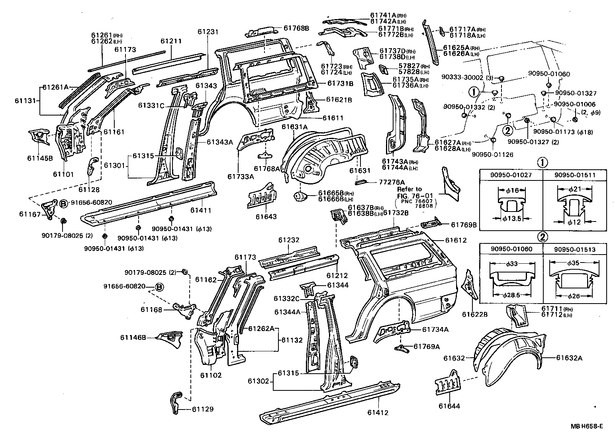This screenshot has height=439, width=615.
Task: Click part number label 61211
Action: point(171,41)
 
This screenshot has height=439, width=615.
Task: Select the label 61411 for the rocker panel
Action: point(201,210)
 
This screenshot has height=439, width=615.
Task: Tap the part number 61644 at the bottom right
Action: point(449,406)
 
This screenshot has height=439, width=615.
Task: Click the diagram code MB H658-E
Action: point(586,426)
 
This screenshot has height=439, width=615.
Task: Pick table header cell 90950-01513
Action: point(574,249)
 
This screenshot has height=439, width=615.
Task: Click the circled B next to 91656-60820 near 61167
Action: point(63,203)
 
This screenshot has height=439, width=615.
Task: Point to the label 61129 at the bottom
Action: point(202,409)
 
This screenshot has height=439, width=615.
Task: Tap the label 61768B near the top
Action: point(296,28)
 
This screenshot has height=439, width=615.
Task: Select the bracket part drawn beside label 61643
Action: point(262,196)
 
